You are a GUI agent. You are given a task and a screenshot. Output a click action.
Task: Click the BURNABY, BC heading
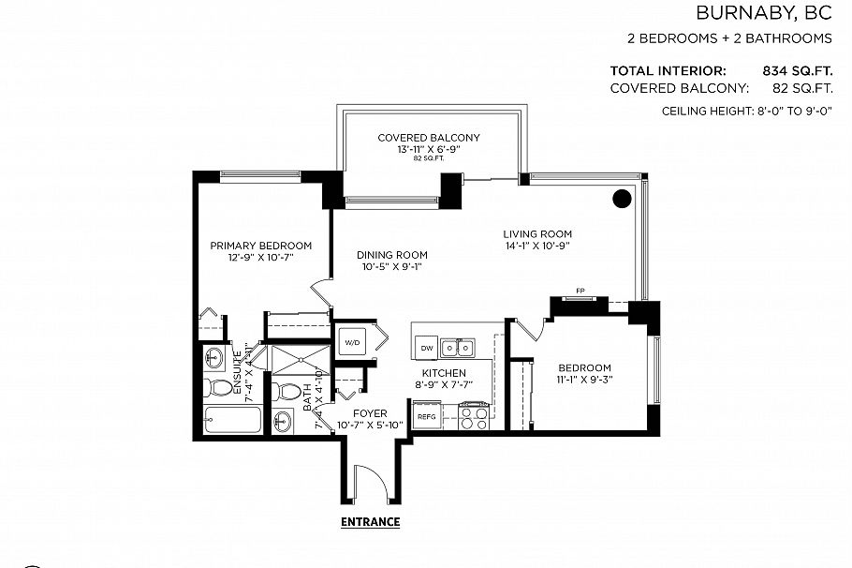(x=763, y=13)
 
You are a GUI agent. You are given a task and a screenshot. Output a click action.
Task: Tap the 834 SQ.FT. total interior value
(x=798, y=70)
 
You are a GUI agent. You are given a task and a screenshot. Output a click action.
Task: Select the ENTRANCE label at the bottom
(x=370, y=522)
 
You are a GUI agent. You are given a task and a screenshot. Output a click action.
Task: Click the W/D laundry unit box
(x=351, y=343)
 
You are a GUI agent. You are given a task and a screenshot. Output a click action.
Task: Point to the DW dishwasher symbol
(x=427, y=348)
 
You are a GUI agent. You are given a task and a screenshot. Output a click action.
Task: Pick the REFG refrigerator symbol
(x=426, y=414)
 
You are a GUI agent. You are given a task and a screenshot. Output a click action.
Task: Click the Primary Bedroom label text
(x=260, y=246)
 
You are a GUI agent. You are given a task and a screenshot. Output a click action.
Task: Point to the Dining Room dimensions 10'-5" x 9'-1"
(x=393, y=266)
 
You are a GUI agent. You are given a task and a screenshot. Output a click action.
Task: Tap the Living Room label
(x=536, y=234)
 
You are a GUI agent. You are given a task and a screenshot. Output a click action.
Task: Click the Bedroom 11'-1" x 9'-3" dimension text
(x=584, y=381)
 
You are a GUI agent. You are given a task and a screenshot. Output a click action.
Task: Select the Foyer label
(x=370, y=413)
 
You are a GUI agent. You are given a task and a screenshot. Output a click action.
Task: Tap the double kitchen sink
(x=458, y=348)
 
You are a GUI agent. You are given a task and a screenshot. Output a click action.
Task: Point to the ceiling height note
(x=747, y=112)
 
